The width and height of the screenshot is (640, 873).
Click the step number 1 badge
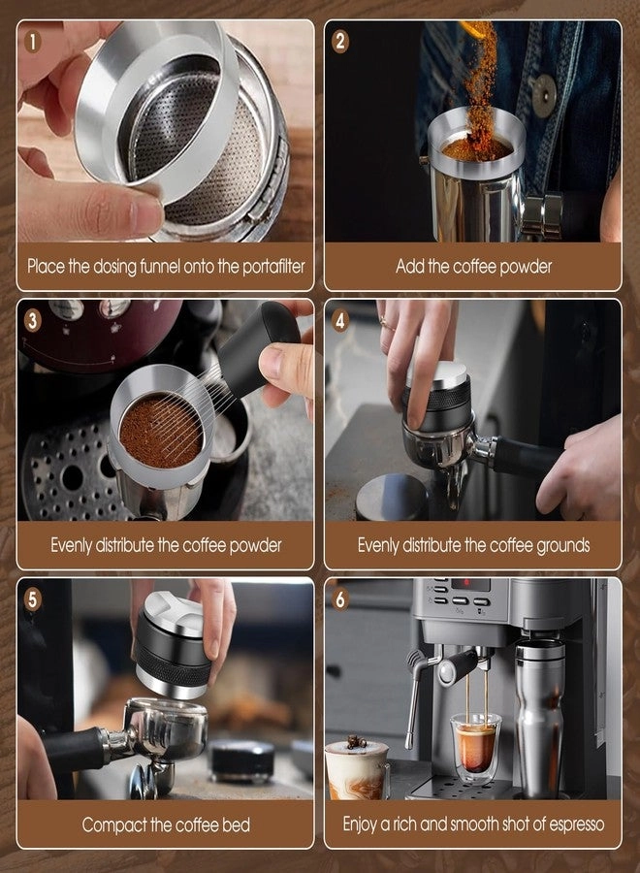34,42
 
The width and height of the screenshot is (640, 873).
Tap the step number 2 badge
340,42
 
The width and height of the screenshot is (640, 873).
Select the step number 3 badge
34,320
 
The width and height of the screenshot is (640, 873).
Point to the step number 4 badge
340,320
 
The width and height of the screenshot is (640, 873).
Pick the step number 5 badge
34,599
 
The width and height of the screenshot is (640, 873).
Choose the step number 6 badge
340,599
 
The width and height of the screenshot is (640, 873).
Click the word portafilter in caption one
266,266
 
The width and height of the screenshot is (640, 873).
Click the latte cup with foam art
356,768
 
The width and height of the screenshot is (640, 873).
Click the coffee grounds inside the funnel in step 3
160,430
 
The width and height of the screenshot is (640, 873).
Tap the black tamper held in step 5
174,644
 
